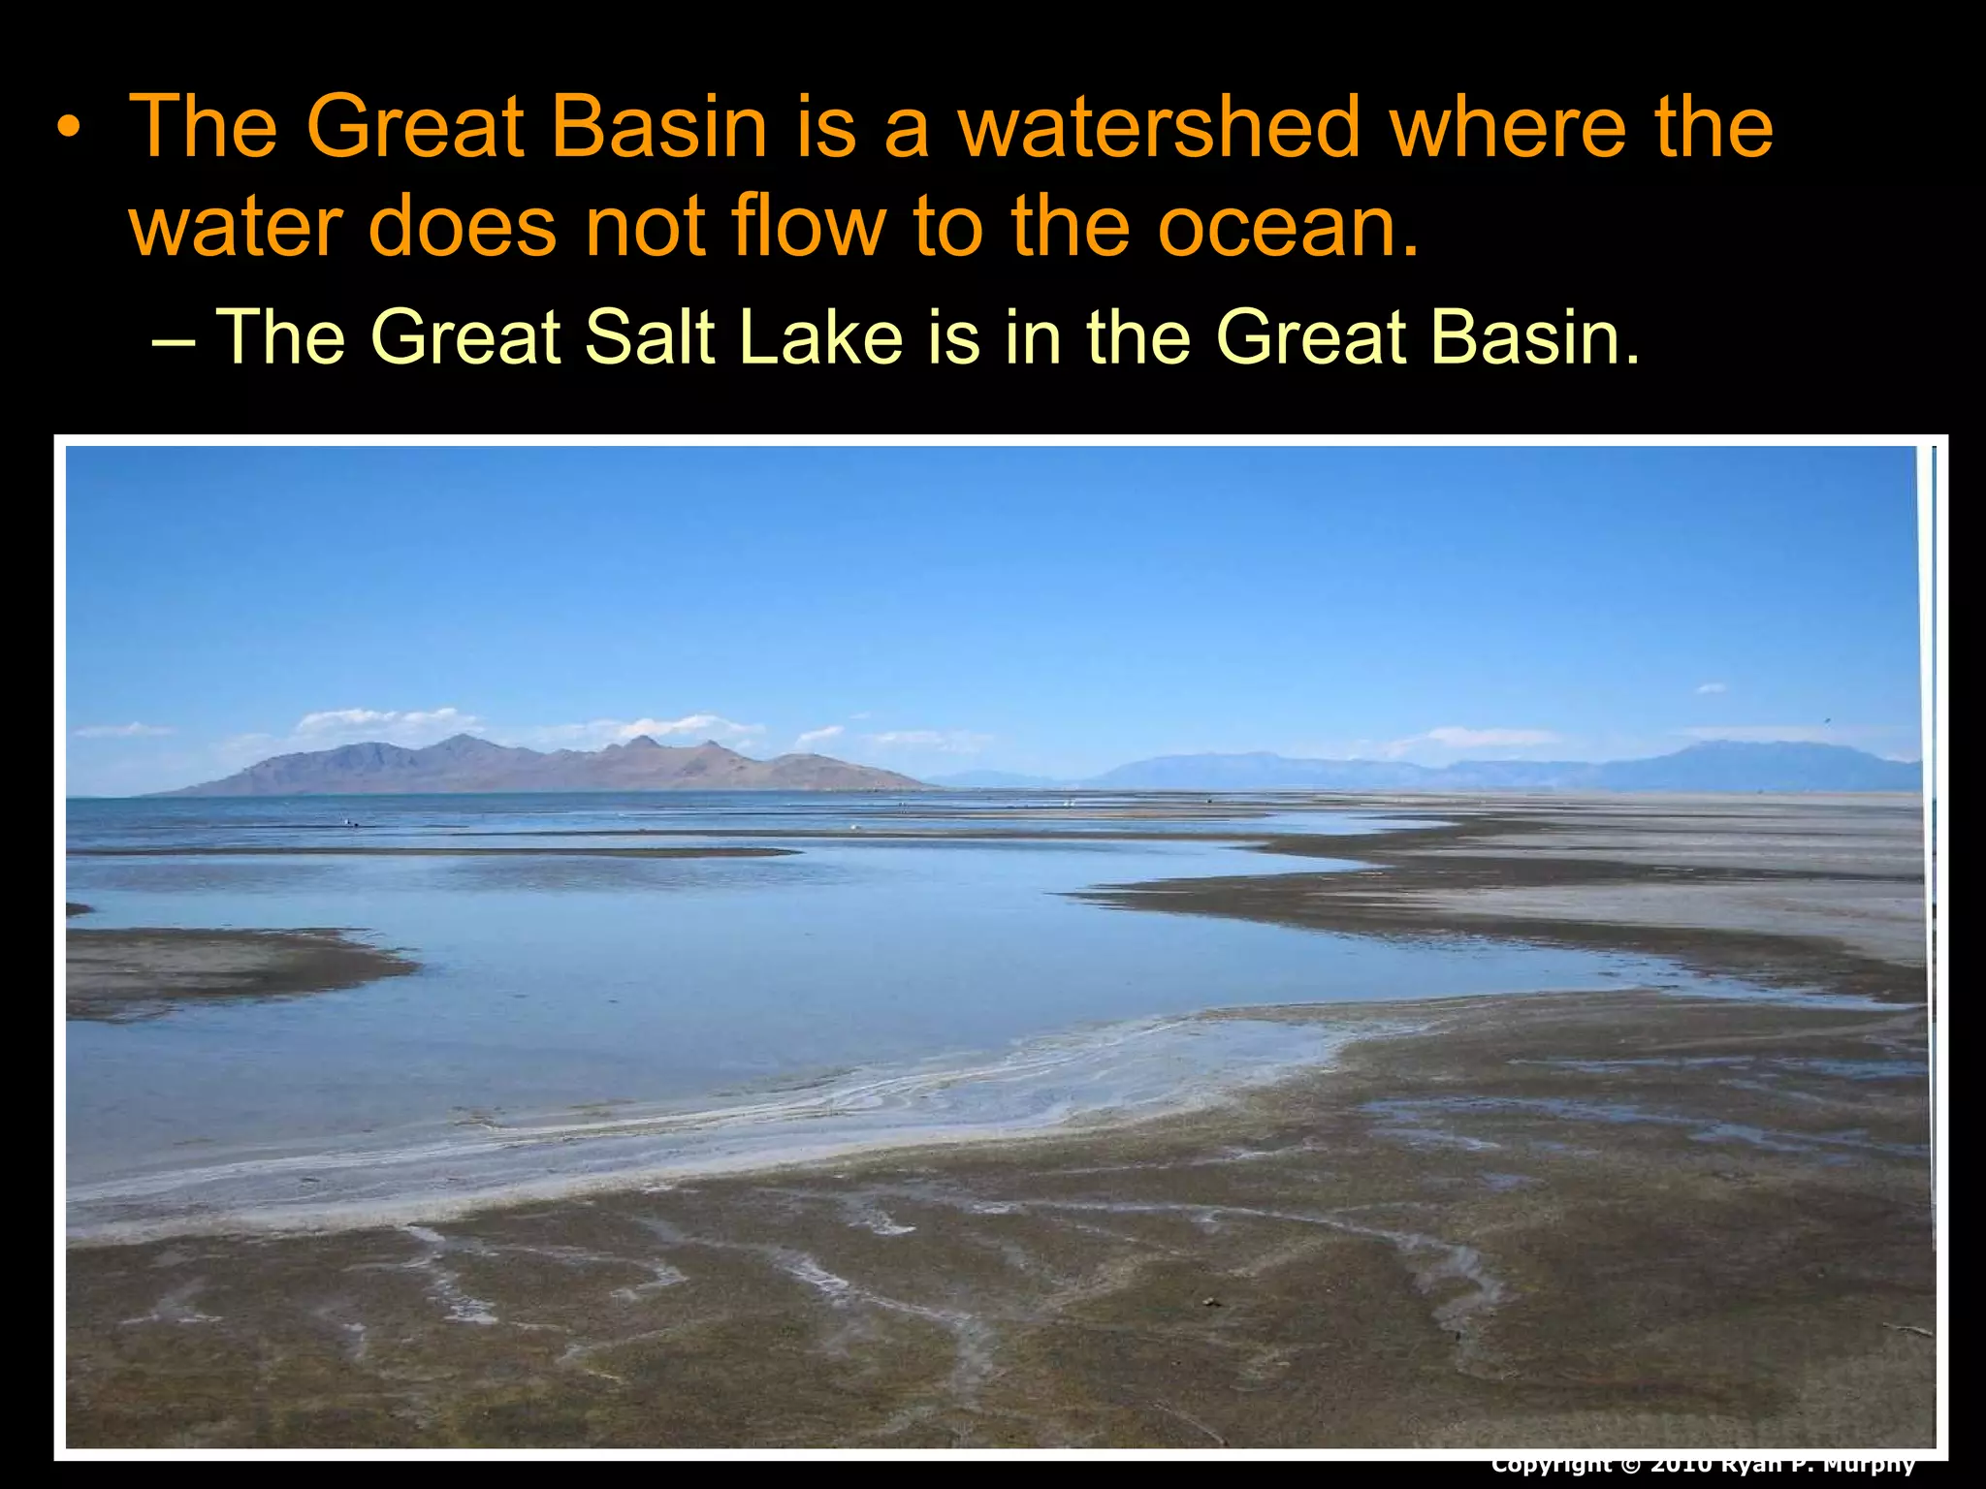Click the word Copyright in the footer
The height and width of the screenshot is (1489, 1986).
coord(1551,1464)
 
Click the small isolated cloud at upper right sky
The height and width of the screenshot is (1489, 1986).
coord(1712,688)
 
